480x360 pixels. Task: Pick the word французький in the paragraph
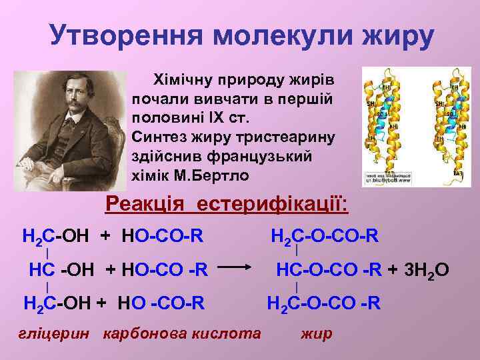(x=255, y=156)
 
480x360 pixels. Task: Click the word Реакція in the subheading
(x=146, y=203)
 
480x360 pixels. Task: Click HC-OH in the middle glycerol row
(x=63, y=270)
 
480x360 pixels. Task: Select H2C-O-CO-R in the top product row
(x=324, y=235)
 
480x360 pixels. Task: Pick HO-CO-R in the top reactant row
(x=163, y=235)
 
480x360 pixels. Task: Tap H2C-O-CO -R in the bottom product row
(x=324, y=304)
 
